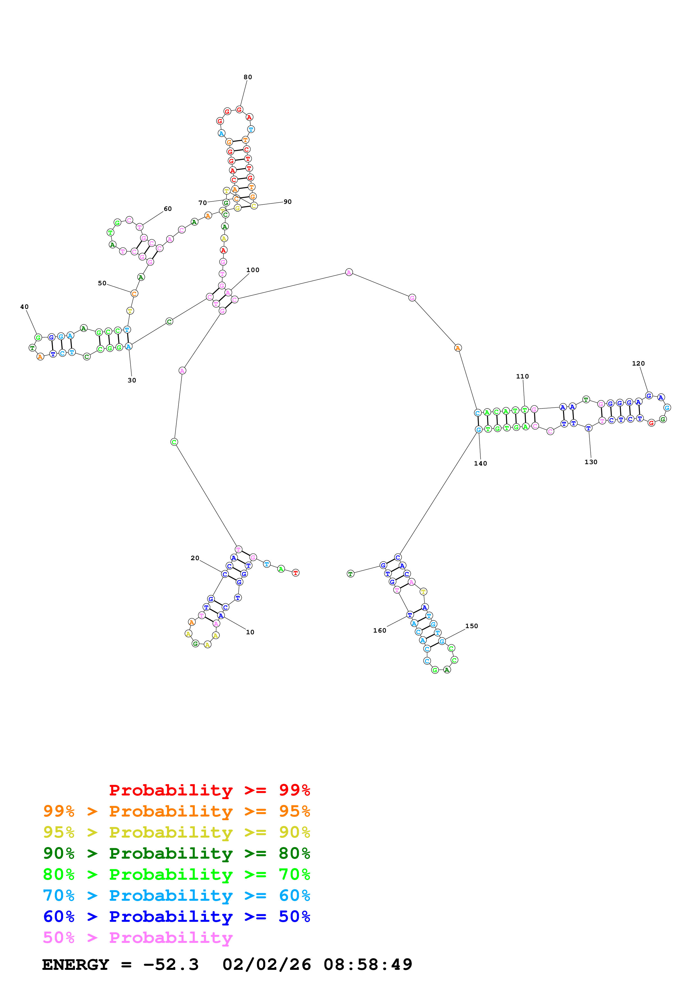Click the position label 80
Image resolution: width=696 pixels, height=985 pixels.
248,77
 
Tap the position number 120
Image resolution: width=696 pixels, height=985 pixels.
638,363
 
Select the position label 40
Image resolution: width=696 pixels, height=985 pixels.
24,307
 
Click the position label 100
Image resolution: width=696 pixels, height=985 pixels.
253,270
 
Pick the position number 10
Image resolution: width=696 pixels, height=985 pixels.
250,632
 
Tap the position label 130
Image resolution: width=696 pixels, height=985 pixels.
590,462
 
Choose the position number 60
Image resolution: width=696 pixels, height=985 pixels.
168,209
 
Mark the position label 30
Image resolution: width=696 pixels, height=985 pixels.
132,380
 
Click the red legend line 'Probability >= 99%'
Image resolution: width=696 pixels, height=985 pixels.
209,790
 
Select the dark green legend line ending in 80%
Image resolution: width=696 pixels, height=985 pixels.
176,853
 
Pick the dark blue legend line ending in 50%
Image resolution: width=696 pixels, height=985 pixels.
176,916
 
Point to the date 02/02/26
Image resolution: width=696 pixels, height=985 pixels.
266,965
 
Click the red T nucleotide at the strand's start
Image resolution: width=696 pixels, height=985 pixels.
295,573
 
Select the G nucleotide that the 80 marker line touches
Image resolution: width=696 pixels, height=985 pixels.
239,110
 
